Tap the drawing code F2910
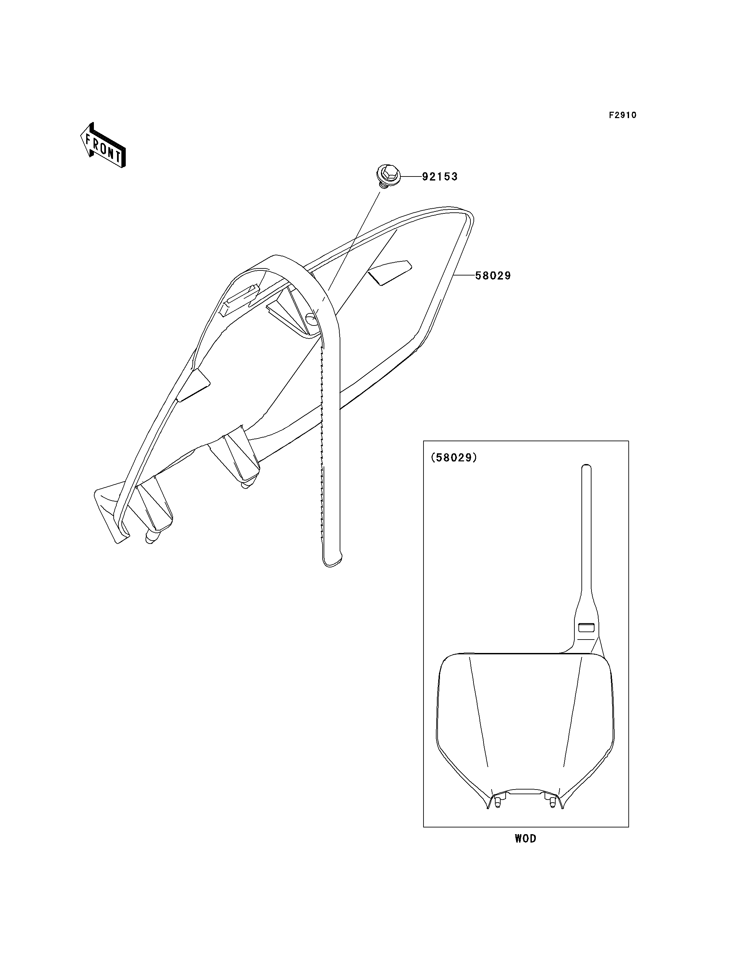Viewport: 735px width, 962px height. click(x=623, y=115)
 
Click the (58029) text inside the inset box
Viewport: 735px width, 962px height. click(x=454, y=458)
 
